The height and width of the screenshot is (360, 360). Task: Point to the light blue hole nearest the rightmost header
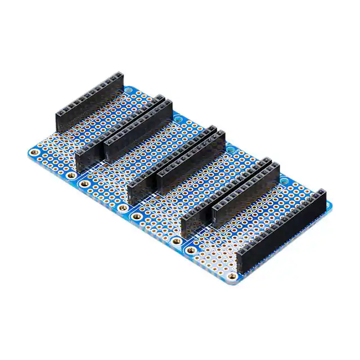[x=285, y=181]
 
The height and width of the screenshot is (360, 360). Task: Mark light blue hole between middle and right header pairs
[x=231, y=150]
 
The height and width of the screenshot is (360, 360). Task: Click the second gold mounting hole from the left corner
[x=70, y=175]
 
